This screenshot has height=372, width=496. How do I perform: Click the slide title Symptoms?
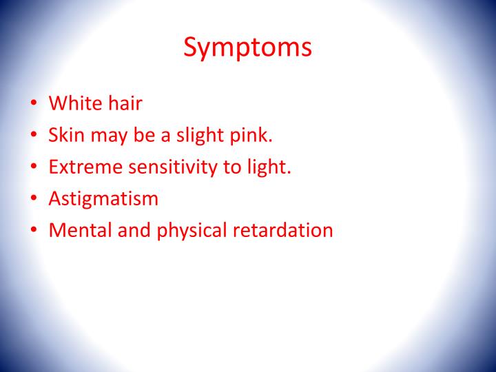(x=247, y=48)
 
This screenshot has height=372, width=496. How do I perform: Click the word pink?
(x=253, y=135)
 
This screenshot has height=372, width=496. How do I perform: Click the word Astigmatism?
(x=103, y=198)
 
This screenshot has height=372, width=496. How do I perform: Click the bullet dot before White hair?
(x=34, y=105)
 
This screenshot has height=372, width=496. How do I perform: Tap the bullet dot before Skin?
(x=34, y=136)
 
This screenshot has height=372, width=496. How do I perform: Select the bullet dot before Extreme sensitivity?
(x=34, y=168)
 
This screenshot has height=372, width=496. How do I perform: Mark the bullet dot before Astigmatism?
(x=34, y=200)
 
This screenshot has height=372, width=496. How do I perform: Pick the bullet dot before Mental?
(x=34, y=231)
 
